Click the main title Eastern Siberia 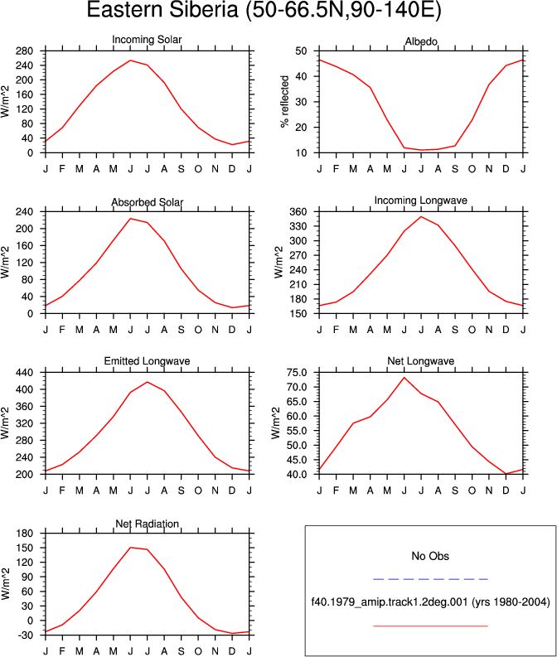click(x=264, y=9)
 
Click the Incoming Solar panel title click(x=147, y=40)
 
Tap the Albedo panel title click(x=421, y=41)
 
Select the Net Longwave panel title click(x=421, y=360)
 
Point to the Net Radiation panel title click(x=147, y=524)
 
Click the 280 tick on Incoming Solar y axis click(x=25, y=51)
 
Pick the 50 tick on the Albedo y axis click(x=302, y=51)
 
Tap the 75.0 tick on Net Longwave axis click(x=296, y=373)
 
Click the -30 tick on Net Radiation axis click(x=25, y=635)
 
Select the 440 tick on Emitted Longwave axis click(x=25, y=373)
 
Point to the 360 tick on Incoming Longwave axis click(x=298, y=211)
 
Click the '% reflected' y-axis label click(x=284, y=101)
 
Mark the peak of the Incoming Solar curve click(x=130, y=60)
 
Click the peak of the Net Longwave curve click(x=404, y=378)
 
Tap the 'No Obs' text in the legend click(x=430, y=556)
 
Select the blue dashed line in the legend click(x=430, y=579)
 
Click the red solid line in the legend click(x=430, y=626)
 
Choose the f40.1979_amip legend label click(x=430, y=602)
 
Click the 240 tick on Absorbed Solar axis click(x=25, y=211)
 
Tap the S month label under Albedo click(x=455, y=169)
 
